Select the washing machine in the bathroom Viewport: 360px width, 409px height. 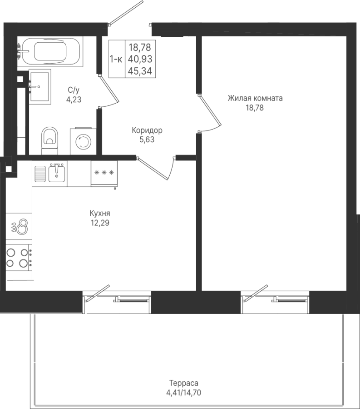click(x=83, y=141)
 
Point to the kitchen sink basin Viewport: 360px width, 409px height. click(x=57, y=174)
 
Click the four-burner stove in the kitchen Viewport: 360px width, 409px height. click(x=19, y=256)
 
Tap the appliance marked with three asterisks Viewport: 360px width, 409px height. click(x=104, y=174)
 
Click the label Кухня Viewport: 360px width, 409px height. click(x=100, y=214)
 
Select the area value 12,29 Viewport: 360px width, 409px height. click(x=100, y=223)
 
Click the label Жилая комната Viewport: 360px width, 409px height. click(x=255, y=98)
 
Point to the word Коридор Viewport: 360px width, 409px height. click(x=147, y=130)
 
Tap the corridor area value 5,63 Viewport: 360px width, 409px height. click(x=147, y=140)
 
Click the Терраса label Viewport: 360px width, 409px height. click(x=184, y=383)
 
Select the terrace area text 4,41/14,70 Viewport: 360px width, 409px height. click(x=184, y=393)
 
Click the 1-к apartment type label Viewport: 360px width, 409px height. click(x=116, y=59)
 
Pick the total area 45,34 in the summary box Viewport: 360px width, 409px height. click(x=140, y=71)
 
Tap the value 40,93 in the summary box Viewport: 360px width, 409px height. click(x=140, y=59)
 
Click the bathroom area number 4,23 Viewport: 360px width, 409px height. click(x=74, y=100)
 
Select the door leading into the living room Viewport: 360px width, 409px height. click(x=210, y=114)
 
